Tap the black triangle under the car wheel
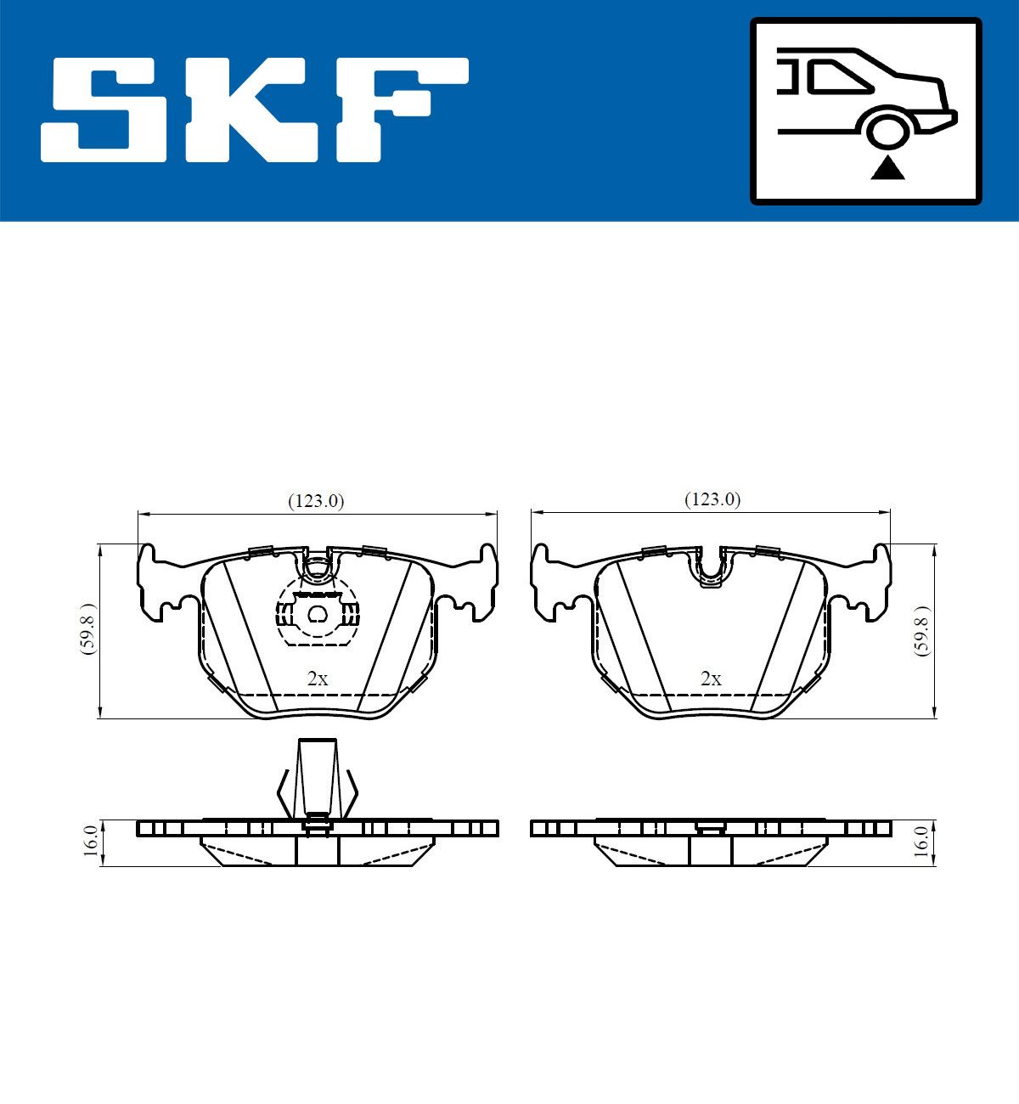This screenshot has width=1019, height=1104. [x=887, y=169]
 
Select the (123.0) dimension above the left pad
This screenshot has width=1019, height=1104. [x=316, y=501]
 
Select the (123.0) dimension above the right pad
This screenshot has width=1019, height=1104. [x=712, y=499]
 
